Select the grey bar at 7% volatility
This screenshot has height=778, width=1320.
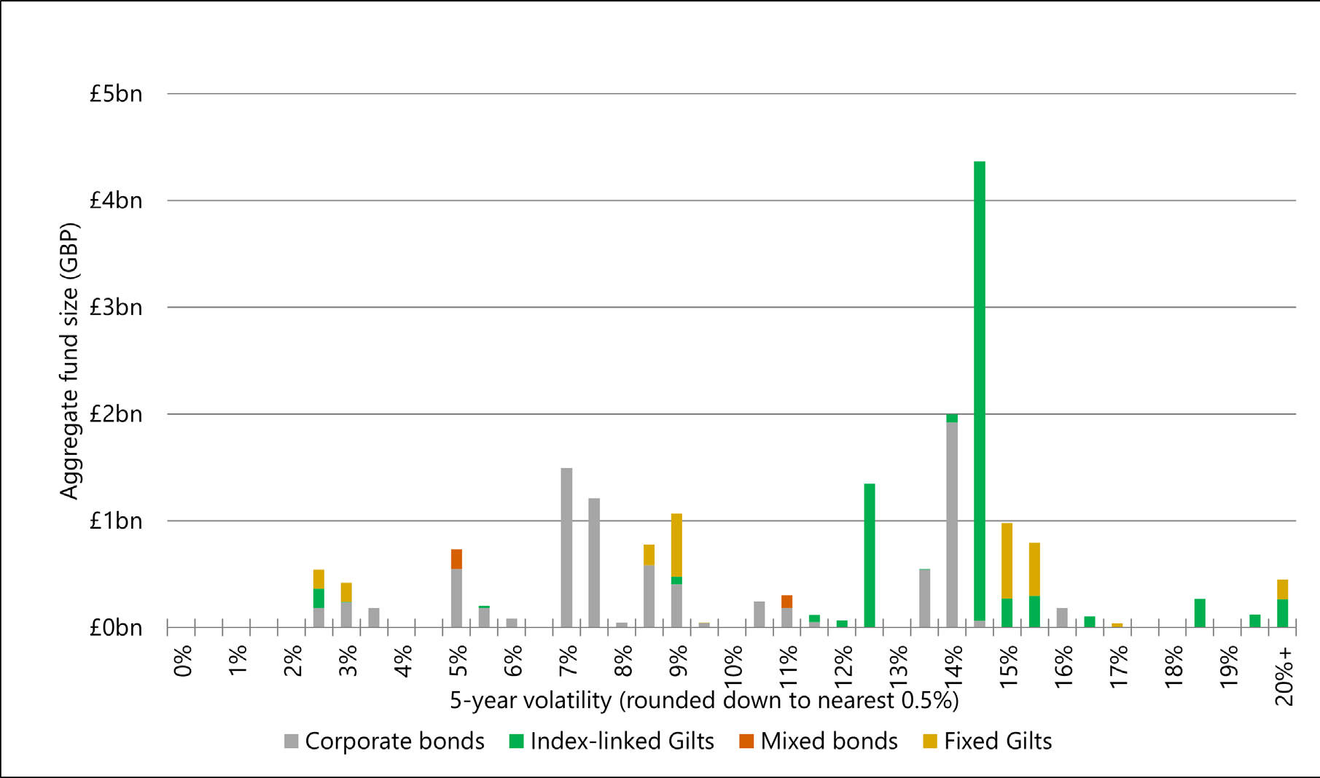tap(566, 547)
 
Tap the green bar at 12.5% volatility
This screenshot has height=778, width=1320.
tap(869, 554)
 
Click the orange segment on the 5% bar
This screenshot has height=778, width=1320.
tap(456, 559)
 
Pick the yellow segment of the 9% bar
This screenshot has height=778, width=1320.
tap(676, 545)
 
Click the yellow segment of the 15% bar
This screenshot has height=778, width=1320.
tap(1007, 560)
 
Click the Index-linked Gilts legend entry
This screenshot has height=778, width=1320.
tap(611, 741)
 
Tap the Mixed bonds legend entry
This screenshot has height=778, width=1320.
tap(818, 741)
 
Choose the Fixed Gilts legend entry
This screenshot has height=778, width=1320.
tap(987, 741)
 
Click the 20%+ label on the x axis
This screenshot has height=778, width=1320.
tap(1284, 675)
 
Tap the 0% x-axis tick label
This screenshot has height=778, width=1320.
tap(183, 661)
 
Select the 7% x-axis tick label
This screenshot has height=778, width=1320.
tap(568, 661)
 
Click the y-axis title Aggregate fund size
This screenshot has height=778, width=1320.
tap(69, 361)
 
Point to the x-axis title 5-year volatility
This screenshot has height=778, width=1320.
tap(703, 701)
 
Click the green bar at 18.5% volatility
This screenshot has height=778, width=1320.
tap(1199, 612)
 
